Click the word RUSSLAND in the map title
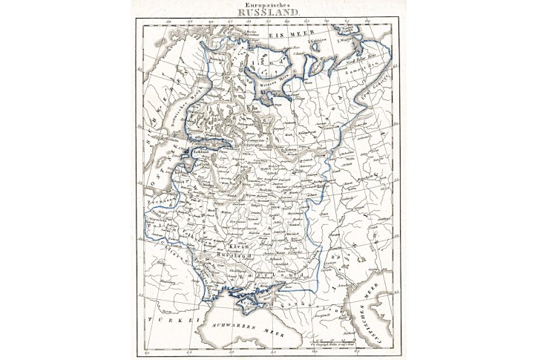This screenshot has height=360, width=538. point(269,13)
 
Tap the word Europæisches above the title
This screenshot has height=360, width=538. point(269,4)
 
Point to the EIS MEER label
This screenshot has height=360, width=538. point(267,34)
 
